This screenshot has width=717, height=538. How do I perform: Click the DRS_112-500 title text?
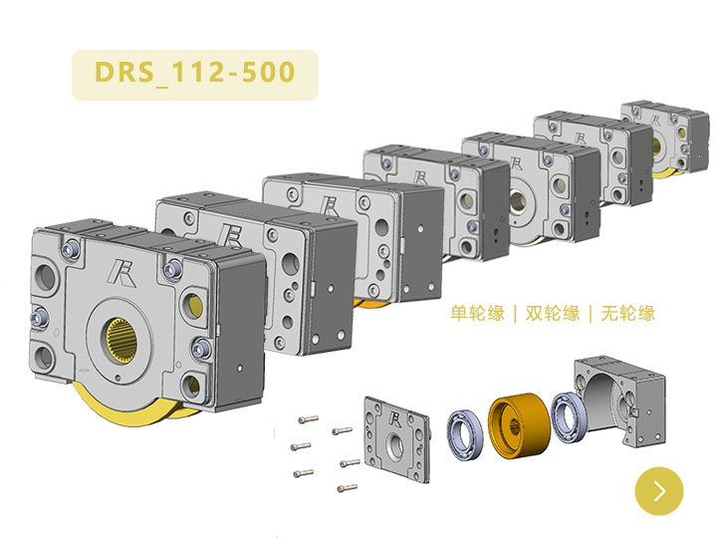pos(195,73)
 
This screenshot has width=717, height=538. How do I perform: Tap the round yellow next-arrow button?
pos(659,491)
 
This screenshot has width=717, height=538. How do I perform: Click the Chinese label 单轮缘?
pos(478,314)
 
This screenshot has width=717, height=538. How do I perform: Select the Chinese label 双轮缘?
pos(553,314)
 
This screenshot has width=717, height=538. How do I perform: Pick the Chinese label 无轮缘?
pos(628,314)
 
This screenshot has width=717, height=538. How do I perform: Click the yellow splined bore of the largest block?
pos(122,341)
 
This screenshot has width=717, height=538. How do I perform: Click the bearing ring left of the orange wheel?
pos(465,434)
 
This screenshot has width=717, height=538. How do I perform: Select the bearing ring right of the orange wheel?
pos(569,416)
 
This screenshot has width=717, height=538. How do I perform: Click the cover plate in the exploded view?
pos(397,439)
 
